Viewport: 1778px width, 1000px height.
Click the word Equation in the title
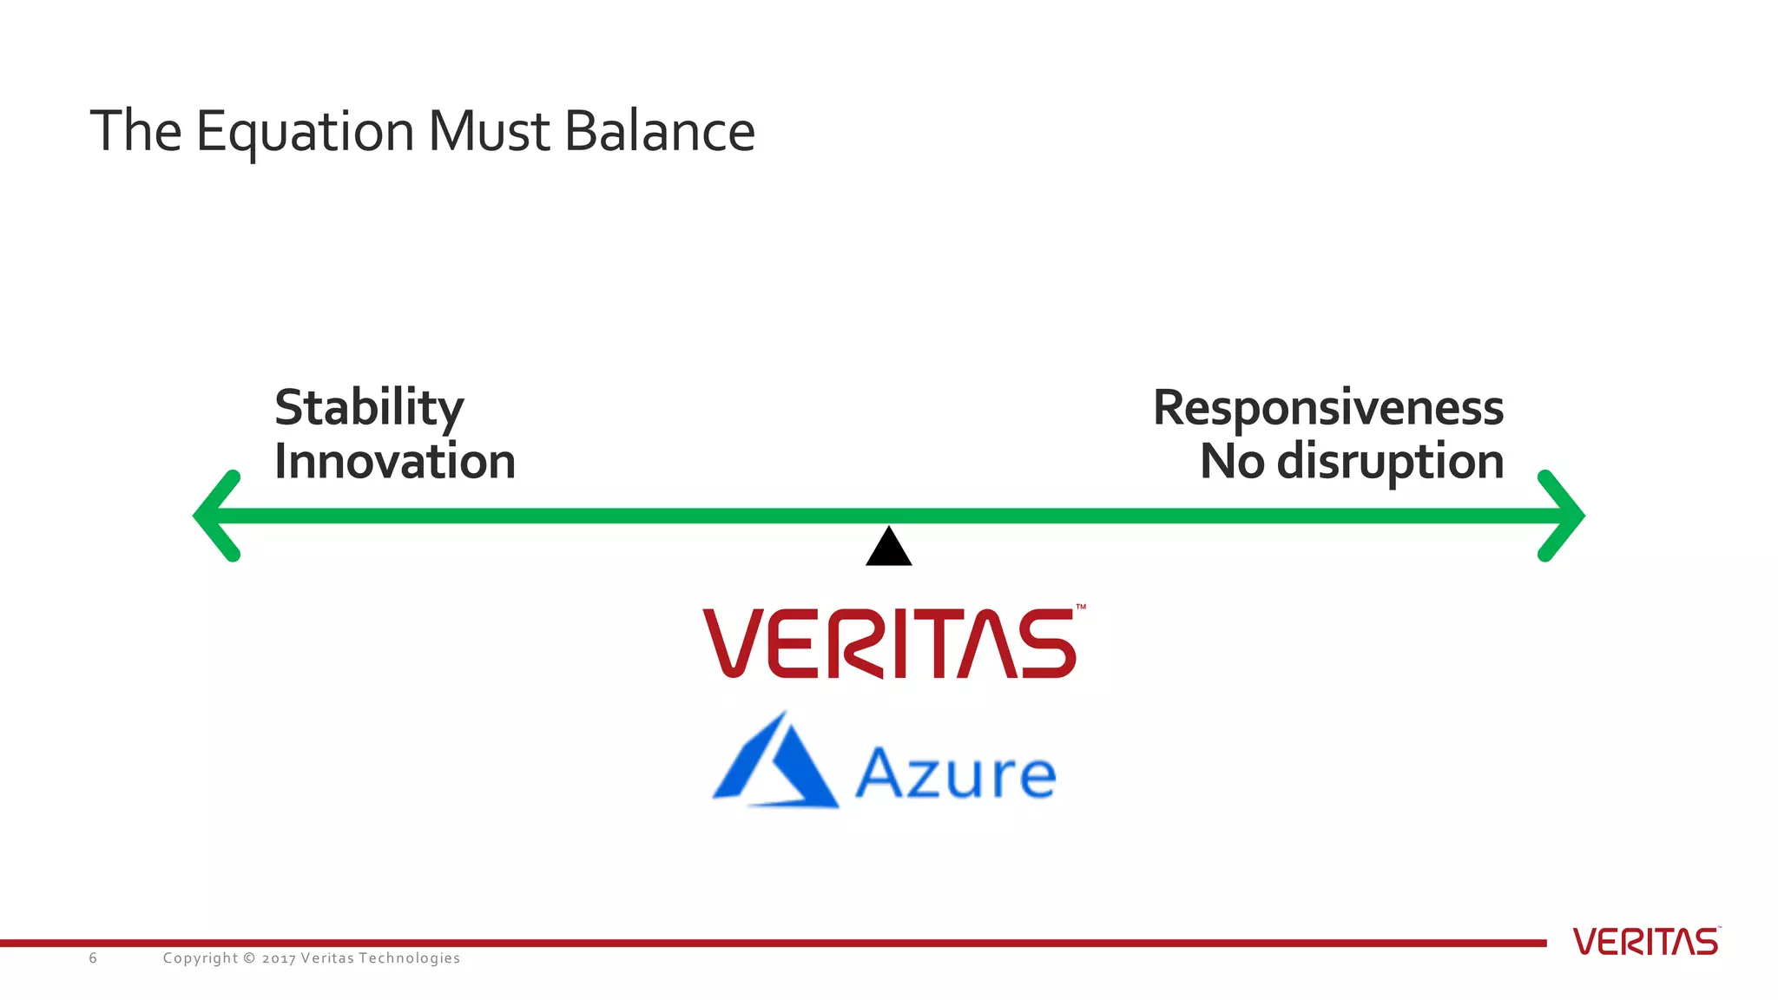(305, 133)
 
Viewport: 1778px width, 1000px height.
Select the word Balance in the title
(660, 131)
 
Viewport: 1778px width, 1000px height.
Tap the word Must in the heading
(490, 131)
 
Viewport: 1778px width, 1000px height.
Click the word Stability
(369, 408)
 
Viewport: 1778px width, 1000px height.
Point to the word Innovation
(395, 461)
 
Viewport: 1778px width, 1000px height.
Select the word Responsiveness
(1328, 408)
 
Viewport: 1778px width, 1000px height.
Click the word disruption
(1391, 462)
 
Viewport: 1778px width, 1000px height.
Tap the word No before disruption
(1232, 461)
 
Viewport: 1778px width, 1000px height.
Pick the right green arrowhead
(1563, 516)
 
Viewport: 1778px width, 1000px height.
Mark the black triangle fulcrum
(889, 549)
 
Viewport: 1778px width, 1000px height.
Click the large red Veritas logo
(889, 643)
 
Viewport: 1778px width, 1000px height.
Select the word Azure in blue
(956, 773)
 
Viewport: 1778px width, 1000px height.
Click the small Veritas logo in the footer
(1645, 942)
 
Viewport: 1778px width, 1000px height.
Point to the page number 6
(93, 958)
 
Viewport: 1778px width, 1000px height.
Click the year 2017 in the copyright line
(278, 958)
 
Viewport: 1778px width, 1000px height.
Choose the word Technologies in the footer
(409, 958)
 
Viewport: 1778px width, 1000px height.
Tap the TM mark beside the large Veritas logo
(1081, 607)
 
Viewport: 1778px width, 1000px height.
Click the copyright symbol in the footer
(249, 958)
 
